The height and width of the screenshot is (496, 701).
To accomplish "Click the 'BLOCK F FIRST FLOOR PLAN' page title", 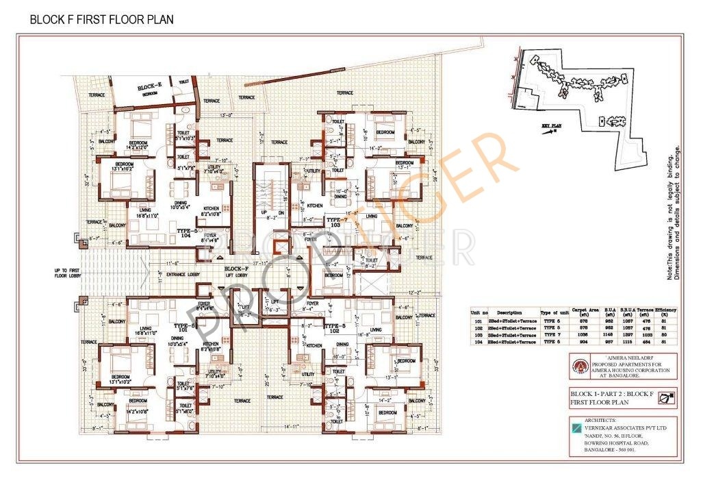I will tap(101, 20).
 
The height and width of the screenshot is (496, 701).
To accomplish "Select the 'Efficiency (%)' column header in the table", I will tap(666, 312).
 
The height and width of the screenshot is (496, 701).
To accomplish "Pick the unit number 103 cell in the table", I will tap(477, 335).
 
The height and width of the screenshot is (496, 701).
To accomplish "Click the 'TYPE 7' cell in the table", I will tap(551, 335).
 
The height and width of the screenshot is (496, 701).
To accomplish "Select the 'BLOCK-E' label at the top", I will tap(149, 87).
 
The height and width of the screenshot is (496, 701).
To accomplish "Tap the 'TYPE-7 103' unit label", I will tap(336, 221).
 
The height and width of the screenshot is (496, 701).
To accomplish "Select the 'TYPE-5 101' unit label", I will tap(186, 328).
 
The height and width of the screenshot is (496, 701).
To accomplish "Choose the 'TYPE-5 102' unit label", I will tap(336, 328).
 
